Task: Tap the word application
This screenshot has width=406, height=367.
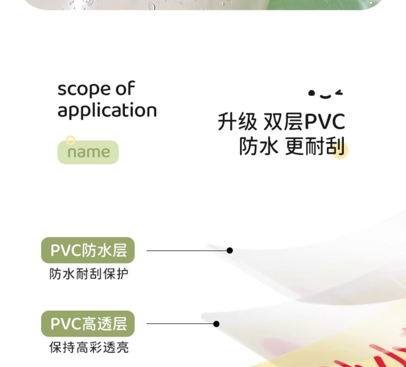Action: [107, 110]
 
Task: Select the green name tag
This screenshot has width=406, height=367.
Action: [88, 152]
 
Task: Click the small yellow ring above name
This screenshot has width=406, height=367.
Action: [71, 140]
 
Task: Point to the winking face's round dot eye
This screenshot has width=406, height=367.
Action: [312, 93]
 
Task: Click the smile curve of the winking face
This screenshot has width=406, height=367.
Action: [325, 96]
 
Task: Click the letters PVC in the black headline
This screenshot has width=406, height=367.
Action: [325, 122]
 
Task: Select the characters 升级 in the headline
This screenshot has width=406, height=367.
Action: [237, 122]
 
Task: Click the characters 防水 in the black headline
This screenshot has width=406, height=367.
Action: [258, 146]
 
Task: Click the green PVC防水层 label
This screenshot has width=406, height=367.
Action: [88, 250]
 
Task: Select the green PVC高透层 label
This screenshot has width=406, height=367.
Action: [88, 324]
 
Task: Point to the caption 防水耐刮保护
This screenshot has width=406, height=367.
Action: [89, 274]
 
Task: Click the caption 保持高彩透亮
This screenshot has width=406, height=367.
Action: [89, 347]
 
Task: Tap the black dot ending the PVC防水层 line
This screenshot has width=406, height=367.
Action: [230, 251]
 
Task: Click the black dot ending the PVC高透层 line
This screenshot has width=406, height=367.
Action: [216, 324]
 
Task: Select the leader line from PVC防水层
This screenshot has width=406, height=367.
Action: [187, 251]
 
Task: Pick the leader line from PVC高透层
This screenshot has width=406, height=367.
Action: [180, 324]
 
